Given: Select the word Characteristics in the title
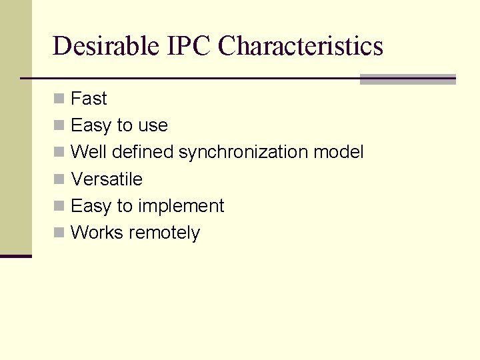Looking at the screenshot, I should click(301, 46).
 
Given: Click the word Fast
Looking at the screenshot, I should click(89, 99).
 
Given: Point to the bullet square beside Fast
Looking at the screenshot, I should click(59, 99).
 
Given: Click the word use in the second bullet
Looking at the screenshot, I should click(153, 126).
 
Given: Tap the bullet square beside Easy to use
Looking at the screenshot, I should click(59, 125).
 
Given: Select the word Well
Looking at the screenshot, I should click(89, 152).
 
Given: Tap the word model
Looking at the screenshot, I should click(339, 152).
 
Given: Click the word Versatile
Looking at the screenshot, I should click(107, 179).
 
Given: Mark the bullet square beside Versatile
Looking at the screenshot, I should click(59, 179).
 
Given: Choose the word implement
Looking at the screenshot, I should click(181, 207).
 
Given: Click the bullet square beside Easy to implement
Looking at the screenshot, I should click(59, 205).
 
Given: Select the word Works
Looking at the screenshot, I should click(97, 233).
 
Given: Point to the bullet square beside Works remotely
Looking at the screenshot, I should click(59, 232).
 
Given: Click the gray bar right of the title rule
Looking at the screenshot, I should click(407, 79).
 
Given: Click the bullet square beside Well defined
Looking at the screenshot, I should click(59, 152).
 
